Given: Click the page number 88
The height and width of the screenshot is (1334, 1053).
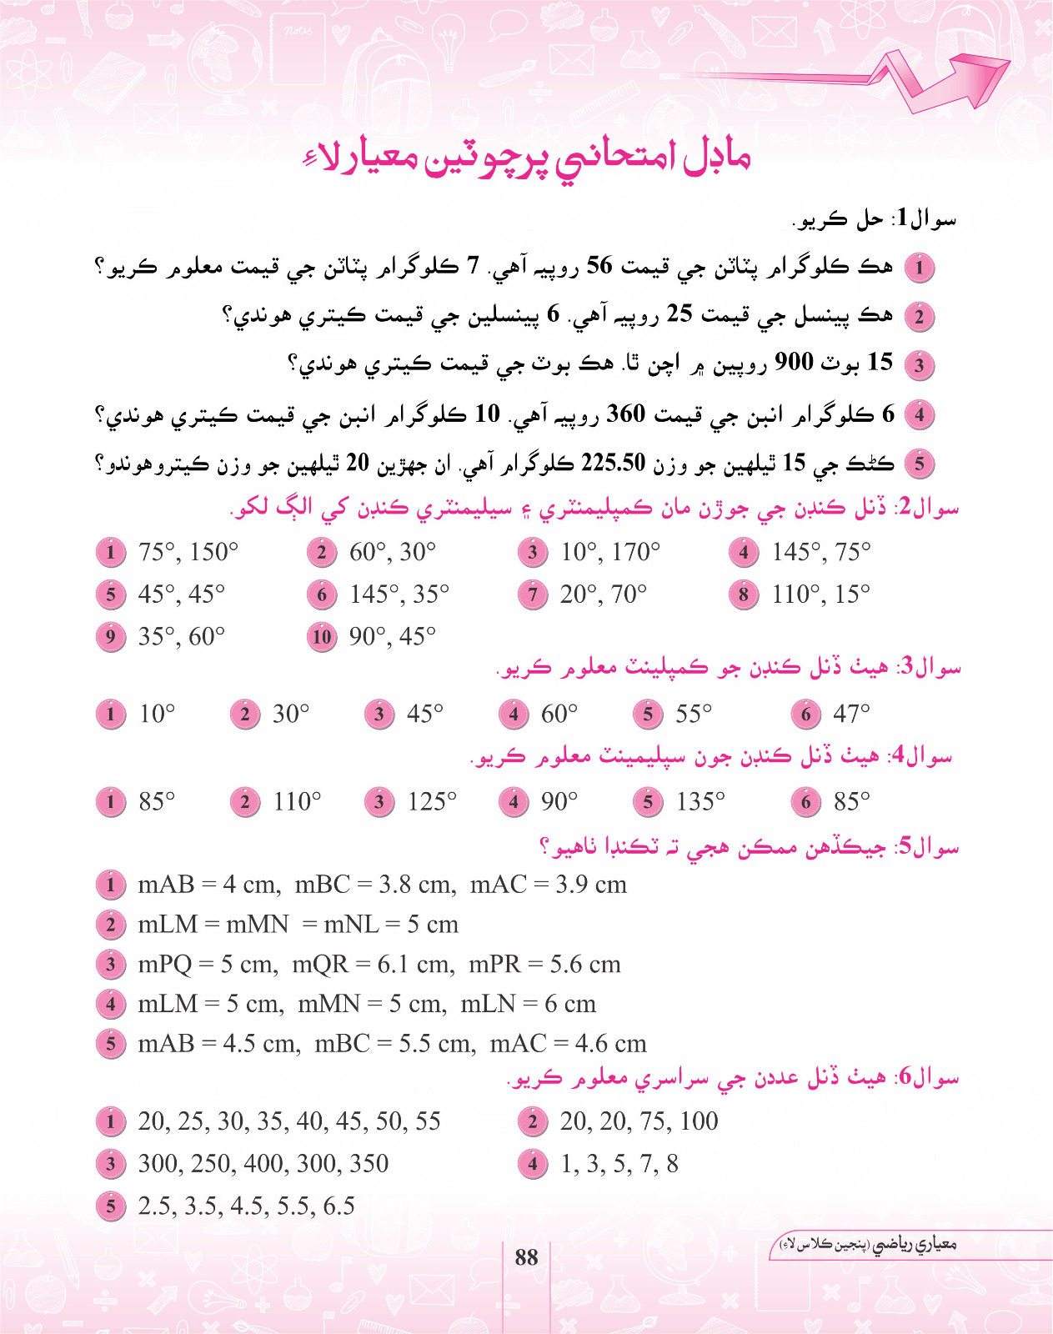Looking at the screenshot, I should click(526, 1257).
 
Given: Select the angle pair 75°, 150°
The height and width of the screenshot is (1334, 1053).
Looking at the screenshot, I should click(188, 552).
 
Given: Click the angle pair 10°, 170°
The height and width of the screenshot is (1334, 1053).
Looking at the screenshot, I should click(610, 552).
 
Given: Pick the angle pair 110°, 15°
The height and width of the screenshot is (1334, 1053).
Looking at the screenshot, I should click(821, 594).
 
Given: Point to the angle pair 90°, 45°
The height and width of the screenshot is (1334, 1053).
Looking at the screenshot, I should click(393, 637).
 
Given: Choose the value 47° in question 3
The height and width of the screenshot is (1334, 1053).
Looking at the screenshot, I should click(851, 714).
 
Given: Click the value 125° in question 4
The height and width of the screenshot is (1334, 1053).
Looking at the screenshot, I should click(432, 802).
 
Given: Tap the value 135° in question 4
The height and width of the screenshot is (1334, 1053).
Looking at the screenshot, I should click(700, 802).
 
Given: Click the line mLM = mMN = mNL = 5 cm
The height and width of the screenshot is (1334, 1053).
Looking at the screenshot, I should click(298, 925).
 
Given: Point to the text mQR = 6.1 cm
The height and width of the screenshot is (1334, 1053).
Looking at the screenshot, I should click(374, 965).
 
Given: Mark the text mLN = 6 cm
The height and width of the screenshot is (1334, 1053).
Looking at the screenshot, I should click(529, 1004).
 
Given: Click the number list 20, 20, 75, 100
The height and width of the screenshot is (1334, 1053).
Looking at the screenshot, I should click(639, 1121).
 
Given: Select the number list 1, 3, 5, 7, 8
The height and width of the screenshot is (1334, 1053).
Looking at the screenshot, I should click(619, 1164).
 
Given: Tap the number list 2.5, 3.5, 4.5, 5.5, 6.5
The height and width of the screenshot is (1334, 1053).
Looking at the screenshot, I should click(247, 1206).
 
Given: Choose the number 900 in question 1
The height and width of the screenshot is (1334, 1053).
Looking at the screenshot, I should click(794, 363).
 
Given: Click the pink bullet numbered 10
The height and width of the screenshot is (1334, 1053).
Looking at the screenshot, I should click(322, 637).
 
